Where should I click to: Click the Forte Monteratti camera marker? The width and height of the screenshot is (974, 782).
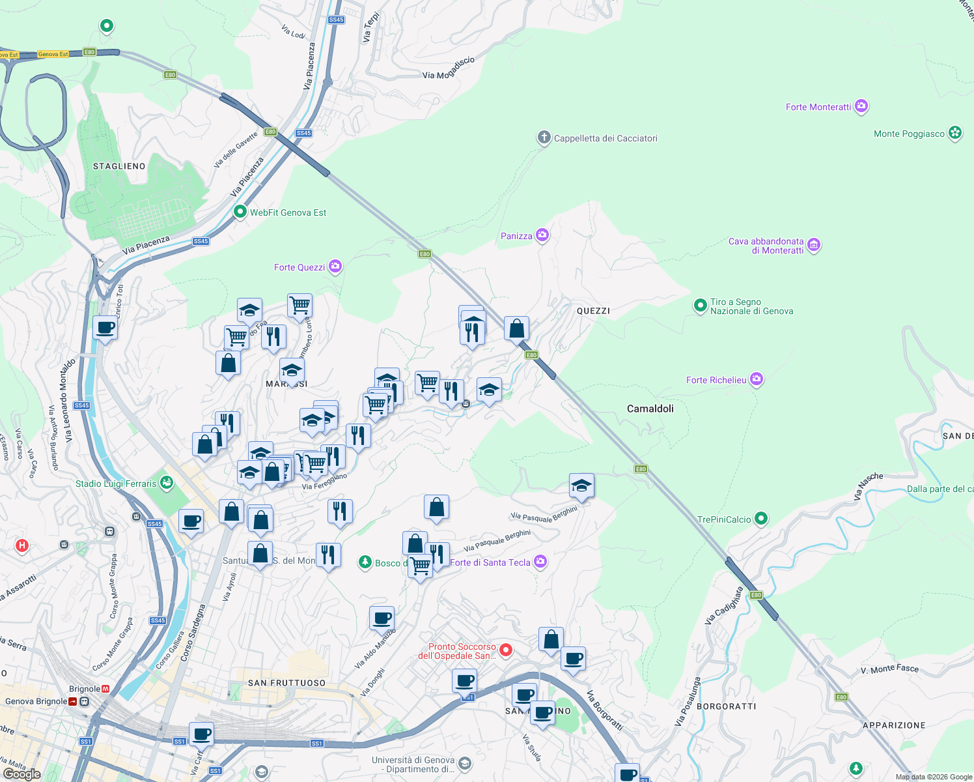tap(861, 106)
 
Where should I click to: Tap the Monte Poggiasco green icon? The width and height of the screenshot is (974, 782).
tap(954, 133)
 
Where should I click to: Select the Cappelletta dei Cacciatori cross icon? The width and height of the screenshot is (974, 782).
tap(544, 138)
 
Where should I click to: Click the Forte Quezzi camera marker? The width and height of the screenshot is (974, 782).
tap(335, 266)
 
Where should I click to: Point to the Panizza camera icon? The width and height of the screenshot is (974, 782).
tap(542, 235)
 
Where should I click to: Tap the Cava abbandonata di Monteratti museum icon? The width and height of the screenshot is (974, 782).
tap(814, 245)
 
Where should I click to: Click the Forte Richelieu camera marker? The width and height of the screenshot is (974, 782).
tap(756, 379)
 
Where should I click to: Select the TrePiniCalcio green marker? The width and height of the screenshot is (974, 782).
tap(761, 519)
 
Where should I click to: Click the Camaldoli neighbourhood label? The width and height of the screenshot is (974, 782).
tap(650, 409)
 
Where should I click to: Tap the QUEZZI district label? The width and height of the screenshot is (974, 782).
tap(593, 311)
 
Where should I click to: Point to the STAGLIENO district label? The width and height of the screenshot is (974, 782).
tap(119, 166)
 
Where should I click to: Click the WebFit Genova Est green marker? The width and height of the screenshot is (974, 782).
tap(240, 212)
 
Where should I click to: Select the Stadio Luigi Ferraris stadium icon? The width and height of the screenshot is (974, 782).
tap(167, 483)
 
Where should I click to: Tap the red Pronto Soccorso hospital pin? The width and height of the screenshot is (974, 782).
tap(506, 650)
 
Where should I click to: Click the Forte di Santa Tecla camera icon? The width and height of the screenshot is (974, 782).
tap(540, 561)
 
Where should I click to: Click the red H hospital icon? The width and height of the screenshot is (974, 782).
tap(22, 545)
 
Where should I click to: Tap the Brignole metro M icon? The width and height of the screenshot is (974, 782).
tap(105, 689)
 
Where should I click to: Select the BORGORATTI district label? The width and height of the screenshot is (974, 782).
tap(726, 706)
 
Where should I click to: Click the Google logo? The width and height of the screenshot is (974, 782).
tap(21, 774)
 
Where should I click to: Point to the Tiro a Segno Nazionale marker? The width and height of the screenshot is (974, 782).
tap(700, 305)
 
